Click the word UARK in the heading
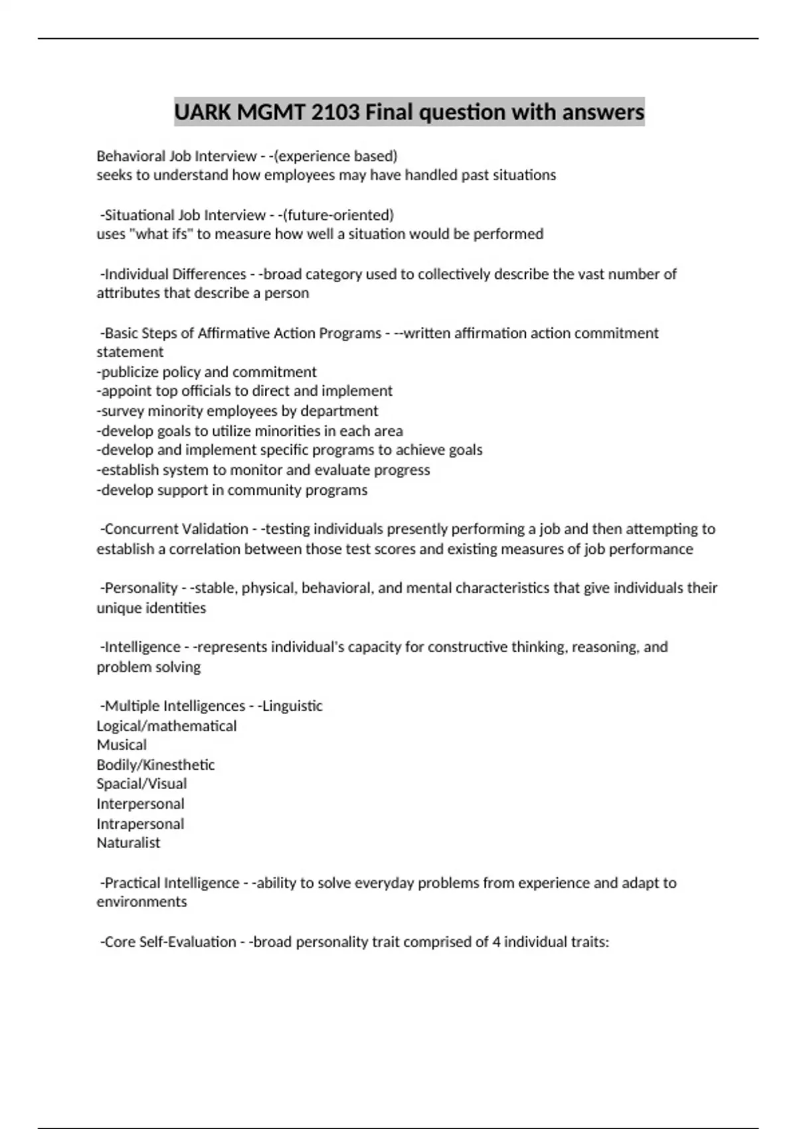coord(203,112)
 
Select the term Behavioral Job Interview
coord(176,156)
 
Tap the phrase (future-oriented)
coord(338,215)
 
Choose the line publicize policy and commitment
coord(207,372)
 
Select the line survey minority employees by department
coord(237,411)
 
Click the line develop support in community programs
coord(232,490)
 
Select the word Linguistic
coord(292,706)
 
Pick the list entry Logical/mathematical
coord(167,726)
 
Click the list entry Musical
coord(122,745)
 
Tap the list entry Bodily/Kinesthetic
coord(155,765)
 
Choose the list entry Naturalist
coord(128,843)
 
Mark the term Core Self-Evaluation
coord(170,942)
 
